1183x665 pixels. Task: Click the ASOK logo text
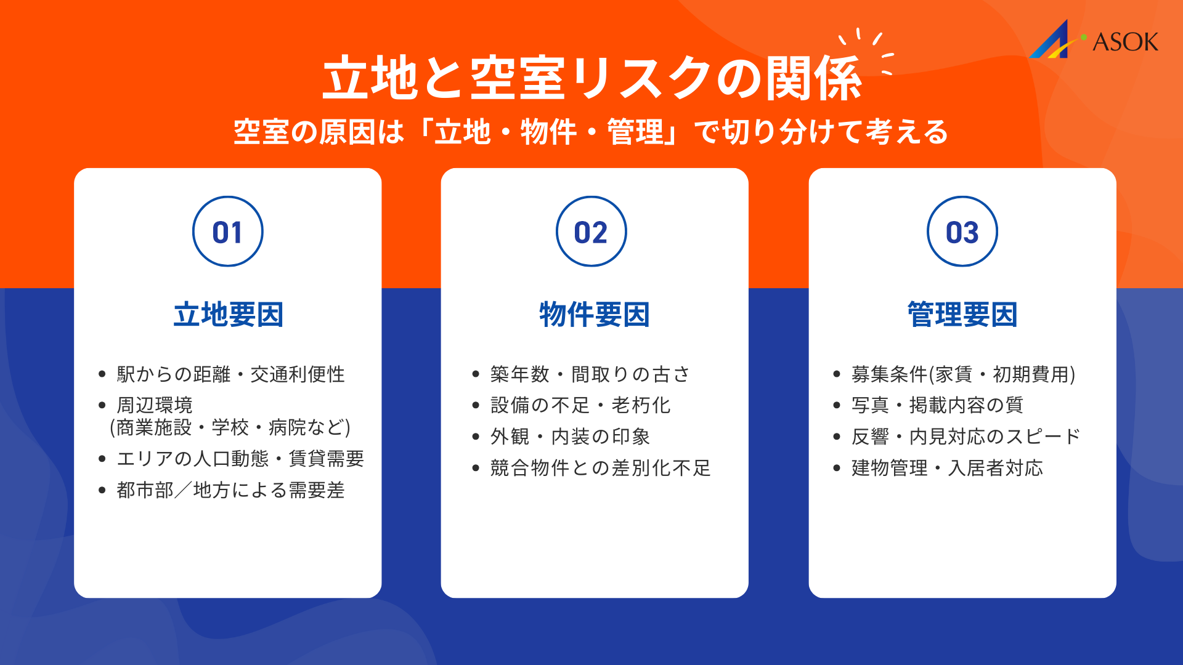coord(1125,42)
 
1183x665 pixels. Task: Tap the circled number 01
coord(228,232)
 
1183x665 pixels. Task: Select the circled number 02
coord(591,232)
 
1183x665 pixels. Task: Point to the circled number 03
coord(962,232)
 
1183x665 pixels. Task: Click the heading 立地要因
coord(228,315)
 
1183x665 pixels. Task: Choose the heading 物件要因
coord(595,315)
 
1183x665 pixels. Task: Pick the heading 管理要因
coord(962,315)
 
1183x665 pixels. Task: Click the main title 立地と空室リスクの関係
coord(591,78)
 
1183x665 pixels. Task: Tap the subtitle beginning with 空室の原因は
coord(590,132)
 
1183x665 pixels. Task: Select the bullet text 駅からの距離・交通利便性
coord(230,374)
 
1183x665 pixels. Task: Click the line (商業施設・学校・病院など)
coord(230,427)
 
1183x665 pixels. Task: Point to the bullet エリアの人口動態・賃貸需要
coord(240,459)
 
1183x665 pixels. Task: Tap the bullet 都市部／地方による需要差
coord(230,490)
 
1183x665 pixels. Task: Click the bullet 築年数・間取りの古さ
coord(590,374)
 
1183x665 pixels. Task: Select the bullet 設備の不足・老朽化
coord(580,405)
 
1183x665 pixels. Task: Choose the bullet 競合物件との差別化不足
coord(600,468)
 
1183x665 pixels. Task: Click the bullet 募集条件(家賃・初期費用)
coord(963,374)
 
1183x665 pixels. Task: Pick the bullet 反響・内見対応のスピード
coord(966,437)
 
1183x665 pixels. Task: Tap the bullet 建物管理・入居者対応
coord(947,468)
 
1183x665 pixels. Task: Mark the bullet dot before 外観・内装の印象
coord(476,437)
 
